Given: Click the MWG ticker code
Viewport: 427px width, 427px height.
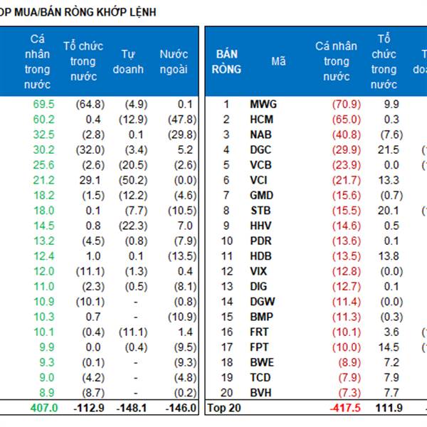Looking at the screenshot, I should [x=263, y=105].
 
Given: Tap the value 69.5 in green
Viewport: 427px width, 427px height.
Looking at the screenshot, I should [x=43, y=105].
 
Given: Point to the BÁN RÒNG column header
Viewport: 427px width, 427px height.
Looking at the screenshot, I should [x=226, y=62].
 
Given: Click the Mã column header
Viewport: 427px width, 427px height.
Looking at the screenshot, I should [x=278, y=62].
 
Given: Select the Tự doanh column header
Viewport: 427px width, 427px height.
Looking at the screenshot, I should [x=129, y=62].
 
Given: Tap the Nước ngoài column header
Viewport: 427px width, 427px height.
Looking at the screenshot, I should [x=174, y=62].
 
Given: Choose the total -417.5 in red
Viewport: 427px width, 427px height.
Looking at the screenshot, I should [x=343, y=408].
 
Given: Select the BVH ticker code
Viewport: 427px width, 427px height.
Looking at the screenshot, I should [x=262, y=392].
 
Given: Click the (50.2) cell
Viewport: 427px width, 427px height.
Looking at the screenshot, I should [x=130, y=180].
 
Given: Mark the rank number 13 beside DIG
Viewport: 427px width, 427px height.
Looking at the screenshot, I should [x=227, y=286].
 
